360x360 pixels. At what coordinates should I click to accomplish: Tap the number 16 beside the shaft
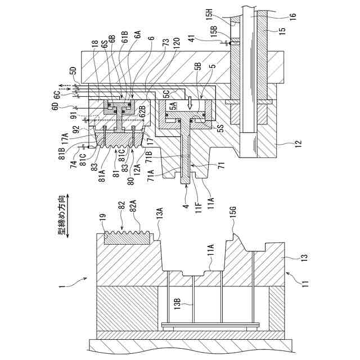pos(292,19)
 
